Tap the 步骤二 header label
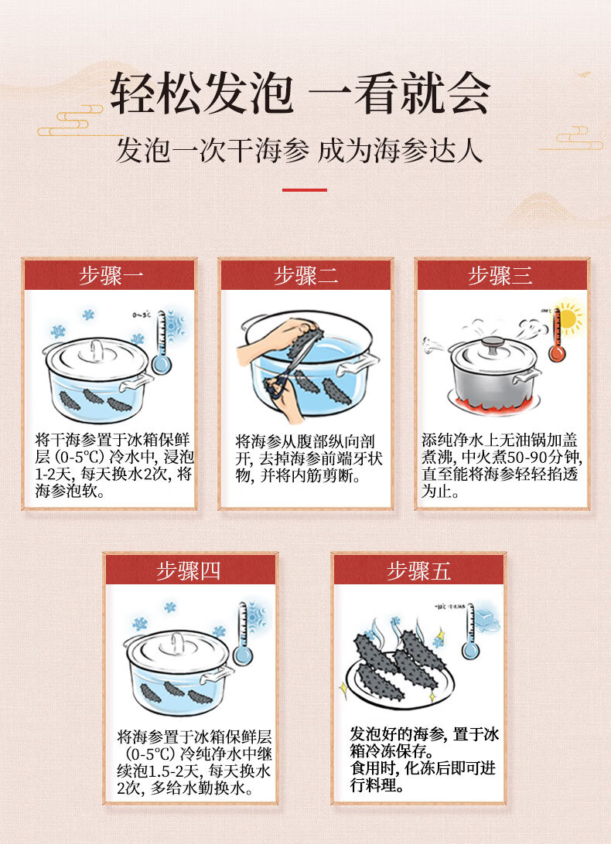[x=305, y=275]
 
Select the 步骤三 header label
[x=500, y=275]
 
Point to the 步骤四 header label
[x=189, y=570]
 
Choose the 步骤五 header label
[x=418, y=570]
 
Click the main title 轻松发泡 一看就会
[x=300, y=94]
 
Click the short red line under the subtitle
[x=305, y=189]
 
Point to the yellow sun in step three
[x=568, y=318]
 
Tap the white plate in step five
[x=387, y=684]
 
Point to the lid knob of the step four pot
[x=177, y=638]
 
